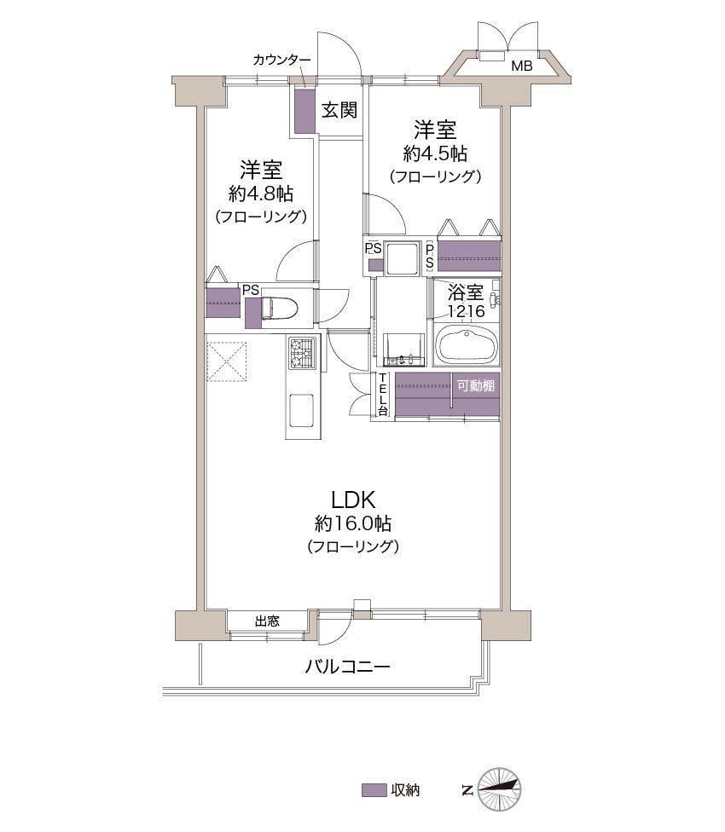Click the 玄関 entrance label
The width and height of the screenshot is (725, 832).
click(339, 110)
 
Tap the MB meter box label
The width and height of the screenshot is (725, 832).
click(521, 66)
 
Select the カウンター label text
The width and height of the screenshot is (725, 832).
click(281, 60)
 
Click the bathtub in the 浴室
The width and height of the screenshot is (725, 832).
click(467, 345)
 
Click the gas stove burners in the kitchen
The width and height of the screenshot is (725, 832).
click(301, 354)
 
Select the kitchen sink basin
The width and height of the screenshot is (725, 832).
click(301, 409)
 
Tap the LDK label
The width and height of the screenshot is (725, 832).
click(353, 500)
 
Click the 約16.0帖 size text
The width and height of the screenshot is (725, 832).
click(353, 523)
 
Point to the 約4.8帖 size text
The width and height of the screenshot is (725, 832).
click(261, 194)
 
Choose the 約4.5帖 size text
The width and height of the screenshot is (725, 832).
click(435, 154)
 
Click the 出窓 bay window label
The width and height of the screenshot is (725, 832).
click(267, 621)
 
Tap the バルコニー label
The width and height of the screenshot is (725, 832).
click(347, 667)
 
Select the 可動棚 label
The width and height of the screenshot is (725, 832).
click(476, 386)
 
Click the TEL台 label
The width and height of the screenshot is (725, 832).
click(383, 394)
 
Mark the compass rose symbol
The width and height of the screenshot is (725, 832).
click(500, 789)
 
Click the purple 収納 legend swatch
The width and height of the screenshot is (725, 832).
click(374, 790)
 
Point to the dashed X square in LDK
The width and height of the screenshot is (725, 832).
click(227, 362)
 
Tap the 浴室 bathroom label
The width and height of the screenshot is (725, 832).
click(466, 292)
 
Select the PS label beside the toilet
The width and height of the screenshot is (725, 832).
click(251, 290)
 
